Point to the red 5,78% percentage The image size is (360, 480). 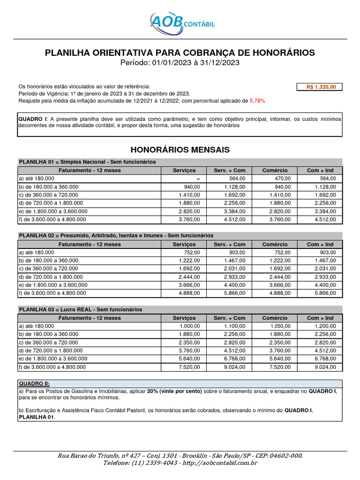tap(257, 101)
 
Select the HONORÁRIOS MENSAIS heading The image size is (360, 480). tap(180, 150)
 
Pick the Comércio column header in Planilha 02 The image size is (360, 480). tap(275, 244)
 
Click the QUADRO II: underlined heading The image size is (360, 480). tap(34, 383)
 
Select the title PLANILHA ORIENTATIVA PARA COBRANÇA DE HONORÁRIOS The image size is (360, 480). tap(180, 52)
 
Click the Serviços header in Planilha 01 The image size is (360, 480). tap(184, 170)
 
